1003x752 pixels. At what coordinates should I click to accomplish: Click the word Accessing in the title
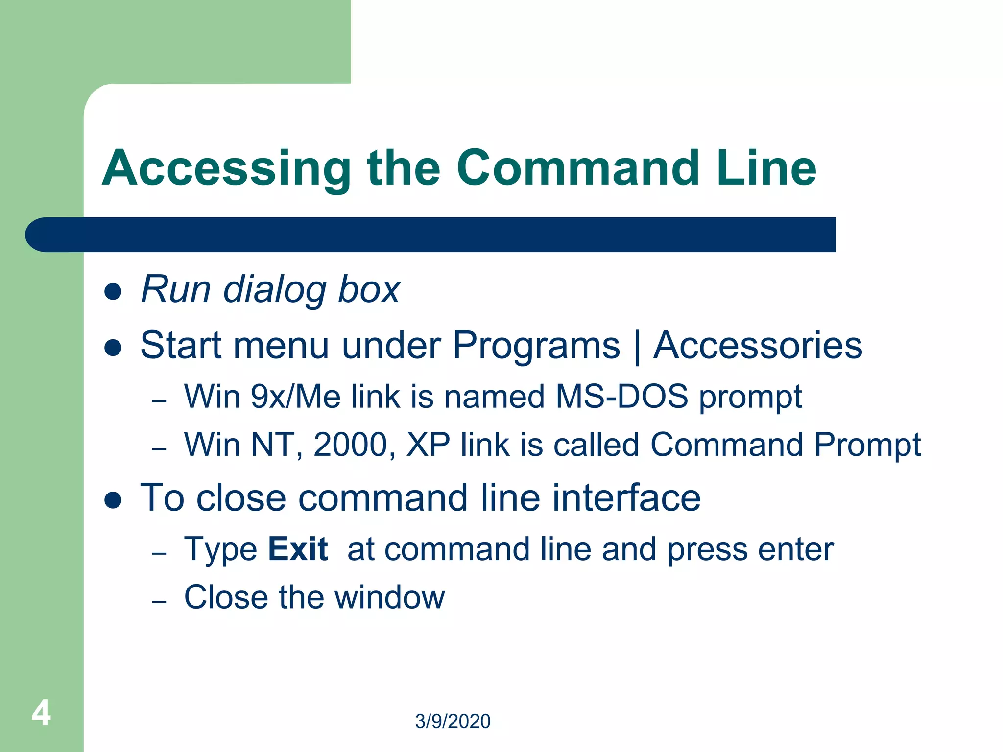pos(226,169)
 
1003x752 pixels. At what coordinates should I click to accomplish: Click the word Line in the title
pos(766,168)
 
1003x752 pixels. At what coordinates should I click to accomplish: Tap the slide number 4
pos(41,713)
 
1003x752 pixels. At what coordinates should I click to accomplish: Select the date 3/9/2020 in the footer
pos(453,721)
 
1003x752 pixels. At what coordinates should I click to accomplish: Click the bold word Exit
pos(298,549)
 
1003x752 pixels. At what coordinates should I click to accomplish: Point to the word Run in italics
pos(176,289)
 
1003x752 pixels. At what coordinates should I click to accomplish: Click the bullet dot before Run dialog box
pos(113,292)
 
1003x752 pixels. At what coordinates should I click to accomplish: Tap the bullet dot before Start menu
pos(113,348)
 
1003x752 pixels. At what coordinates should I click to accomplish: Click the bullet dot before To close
pos(113,500)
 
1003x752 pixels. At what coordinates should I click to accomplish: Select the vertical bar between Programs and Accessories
pos(637,347)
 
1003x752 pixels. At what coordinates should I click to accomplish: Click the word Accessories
pos(758,345)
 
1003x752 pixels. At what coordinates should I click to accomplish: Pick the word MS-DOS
pos(621,396)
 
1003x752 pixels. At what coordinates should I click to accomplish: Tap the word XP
pos(428,445)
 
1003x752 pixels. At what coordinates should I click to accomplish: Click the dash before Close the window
pos(159,601)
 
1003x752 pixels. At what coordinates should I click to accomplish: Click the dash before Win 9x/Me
pos(159,401)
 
